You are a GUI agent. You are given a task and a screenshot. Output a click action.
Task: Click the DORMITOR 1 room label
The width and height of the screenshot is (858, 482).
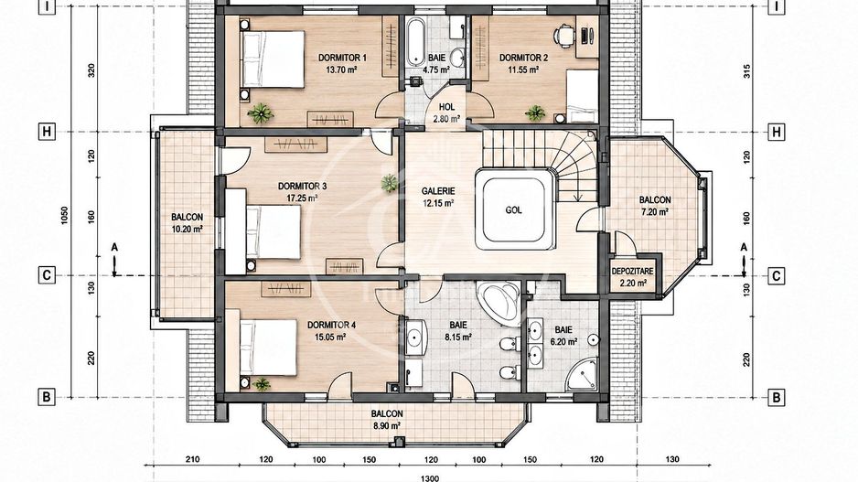pos(342,58)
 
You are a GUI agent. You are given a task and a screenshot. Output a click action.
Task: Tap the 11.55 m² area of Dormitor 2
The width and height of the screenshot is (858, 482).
pos(523,70)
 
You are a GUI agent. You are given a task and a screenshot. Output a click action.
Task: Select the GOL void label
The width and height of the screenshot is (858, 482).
pos(513,209)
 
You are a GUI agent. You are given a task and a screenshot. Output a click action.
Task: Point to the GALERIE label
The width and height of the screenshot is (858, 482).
pos(438,191)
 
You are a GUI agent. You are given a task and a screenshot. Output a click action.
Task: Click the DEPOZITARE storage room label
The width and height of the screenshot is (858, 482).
pos(632,272)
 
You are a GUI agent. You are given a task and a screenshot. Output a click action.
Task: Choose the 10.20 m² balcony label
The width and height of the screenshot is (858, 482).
pos(188,230)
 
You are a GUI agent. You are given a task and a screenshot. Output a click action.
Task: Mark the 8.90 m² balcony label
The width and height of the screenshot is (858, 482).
pos(387,425)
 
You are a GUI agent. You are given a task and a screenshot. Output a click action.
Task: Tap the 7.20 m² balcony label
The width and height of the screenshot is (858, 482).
pos(655,211)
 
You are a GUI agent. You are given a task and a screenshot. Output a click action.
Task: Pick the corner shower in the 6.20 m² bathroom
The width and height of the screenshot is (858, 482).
pos(582,375)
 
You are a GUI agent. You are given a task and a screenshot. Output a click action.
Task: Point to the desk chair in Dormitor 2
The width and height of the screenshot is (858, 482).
pos(563,36)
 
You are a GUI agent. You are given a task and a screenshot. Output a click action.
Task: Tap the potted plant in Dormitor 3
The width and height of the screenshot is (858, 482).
pos(389,182)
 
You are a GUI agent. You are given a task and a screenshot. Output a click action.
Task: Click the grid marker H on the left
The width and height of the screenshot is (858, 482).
pos(47,132)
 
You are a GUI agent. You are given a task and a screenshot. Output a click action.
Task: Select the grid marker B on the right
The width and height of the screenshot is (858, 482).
pos(776,398)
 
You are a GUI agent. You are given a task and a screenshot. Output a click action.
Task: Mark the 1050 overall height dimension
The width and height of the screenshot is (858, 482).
pos(65,217)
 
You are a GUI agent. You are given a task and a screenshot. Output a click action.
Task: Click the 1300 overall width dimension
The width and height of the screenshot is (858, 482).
pos(430,478)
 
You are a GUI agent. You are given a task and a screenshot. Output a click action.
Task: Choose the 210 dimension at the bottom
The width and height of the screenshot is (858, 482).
pos(193,459)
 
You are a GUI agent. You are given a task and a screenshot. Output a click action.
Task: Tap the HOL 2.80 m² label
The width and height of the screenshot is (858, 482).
pos(446,112)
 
